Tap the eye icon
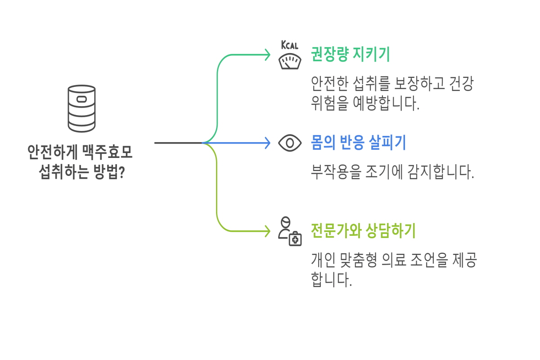click(290, 143)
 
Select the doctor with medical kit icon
click(289, 231)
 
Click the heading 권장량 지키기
click(350, 55)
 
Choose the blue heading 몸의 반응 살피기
click(359, 143)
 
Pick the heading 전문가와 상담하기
click(363, 231)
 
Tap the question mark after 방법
click(121, 172)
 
